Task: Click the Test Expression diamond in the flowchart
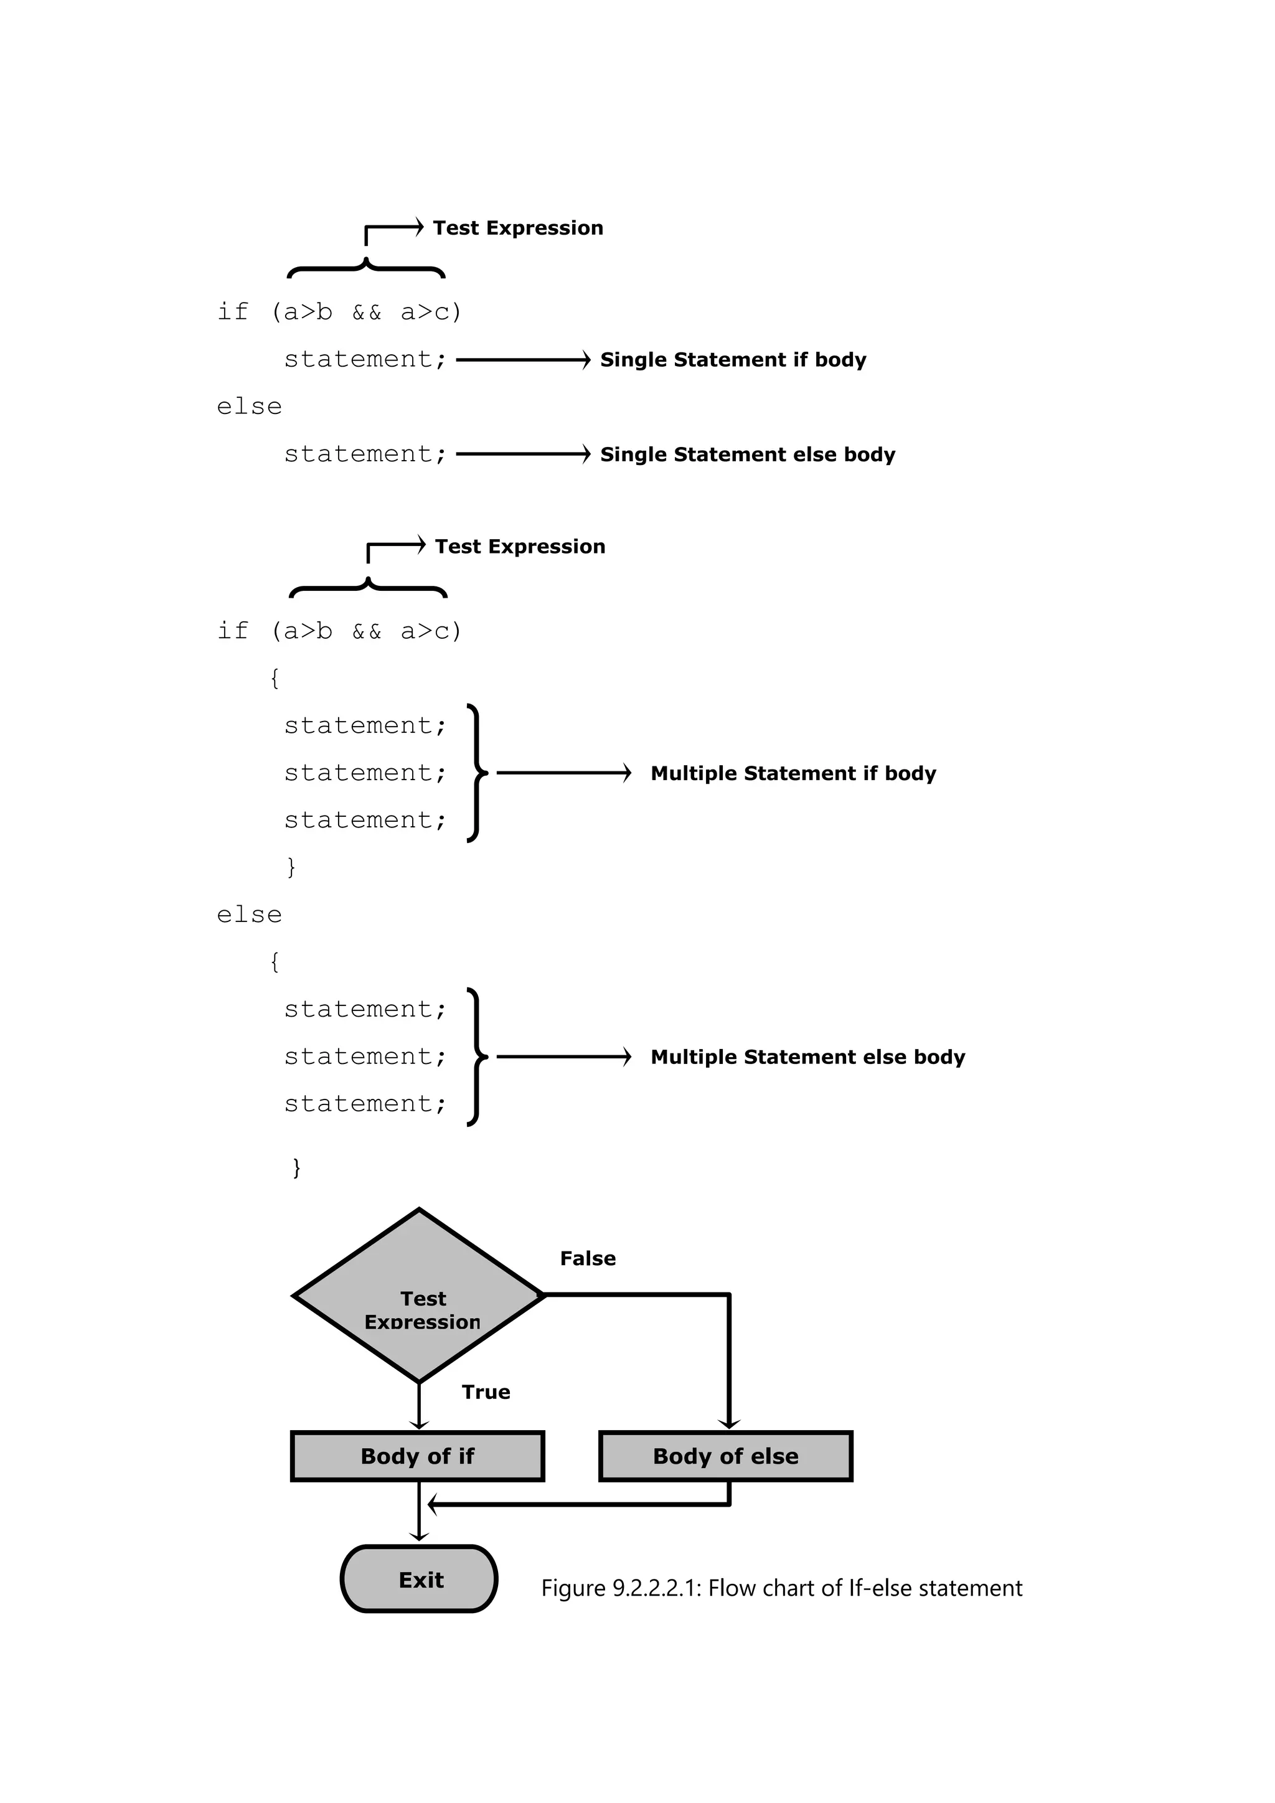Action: point(419,1296)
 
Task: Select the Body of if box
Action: point(418,1456)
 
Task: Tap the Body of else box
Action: point(725,1456)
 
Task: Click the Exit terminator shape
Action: point(419,1579)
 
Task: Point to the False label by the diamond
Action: point(587,1259)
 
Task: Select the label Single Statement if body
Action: point(733,360)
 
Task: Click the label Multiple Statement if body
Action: point(793,773)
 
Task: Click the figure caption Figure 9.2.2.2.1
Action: point(781,1588)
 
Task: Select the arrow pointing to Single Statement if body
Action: point(523,360)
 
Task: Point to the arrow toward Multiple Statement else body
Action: point(563,1057)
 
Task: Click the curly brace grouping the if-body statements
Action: point(476,773)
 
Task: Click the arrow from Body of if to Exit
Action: point(419,1512)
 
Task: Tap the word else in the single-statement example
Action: point(249,407)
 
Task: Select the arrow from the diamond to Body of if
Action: point(419,1406)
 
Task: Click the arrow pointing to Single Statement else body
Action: point(523,454)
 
